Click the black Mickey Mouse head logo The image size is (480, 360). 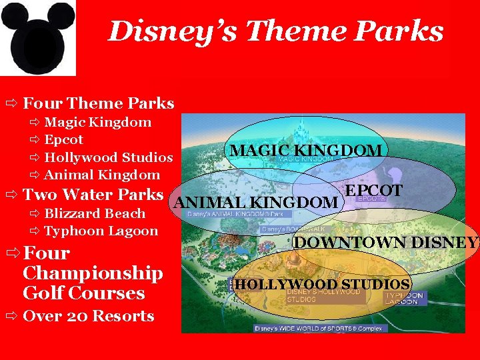click(38, 37)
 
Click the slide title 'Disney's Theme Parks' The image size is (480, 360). click(275, 31)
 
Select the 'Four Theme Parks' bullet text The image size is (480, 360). click(98, 103)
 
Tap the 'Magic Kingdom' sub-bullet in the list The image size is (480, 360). click(97, 122)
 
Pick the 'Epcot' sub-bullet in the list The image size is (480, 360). click(63, 140)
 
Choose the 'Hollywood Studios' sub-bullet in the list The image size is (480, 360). click(108, 157)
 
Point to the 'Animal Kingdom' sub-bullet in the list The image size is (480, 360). click(101, 175)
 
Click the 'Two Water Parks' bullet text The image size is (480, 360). click(93, 195)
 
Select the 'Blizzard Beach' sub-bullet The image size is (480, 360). click(94, 213)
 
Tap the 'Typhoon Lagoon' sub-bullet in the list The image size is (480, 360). click(101, 231)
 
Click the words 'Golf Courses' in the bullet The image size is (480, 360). click(83, 293)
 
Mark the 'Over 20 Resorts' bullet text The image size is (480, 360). click(88, 316)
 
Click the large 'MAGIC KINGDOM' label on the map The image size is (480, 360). click(306, 150)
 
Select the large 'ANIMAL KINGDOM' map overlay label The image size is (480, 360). click(256, 202)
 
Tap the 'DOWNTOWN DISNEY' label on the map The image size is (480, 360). click(386, 243)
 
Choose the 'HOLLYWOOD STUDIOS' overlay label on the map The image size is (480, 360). click(322, 285)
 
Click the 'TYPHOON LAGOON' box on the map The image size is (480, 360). click(403, 298)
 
